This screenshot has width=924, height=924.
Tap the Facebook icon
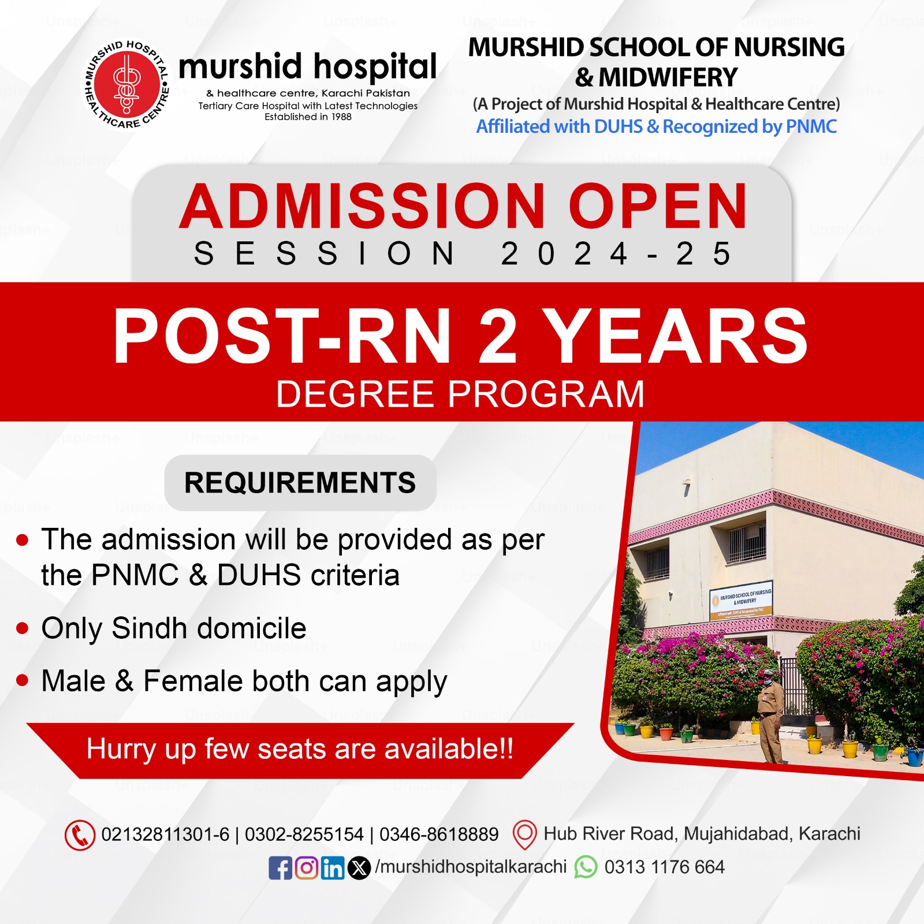[x=281, y=868]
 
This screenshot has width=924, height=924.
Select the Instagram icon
[x=307, y=867]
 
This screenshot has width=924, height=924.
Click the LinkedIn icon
[x=333, y=868]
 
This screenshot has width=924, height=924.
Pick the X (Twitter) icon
[x=359, y=868]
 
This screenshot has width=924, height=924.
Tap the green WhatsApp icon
[x=586, y=867]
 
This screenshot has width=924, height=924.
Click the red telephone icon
[x=80, y=835]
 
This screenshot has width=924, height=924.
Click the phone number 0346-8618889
[x=439, y=834]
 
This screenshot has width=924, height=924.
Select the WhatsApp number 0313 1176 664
[x=664, y=867]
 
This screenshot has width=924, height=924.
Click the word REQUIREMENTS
[x=300, y=483]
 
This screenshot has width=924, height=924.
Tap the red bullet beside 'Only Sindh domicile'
[x=23, y=628]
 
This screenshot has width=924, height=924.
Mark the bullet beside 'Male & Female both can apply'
[x=23, y=681]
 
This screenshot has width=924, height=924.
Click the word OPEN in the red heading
[x=658, y=207]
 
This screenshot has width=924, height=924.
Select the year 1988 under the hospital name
[x=341, y=117]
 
